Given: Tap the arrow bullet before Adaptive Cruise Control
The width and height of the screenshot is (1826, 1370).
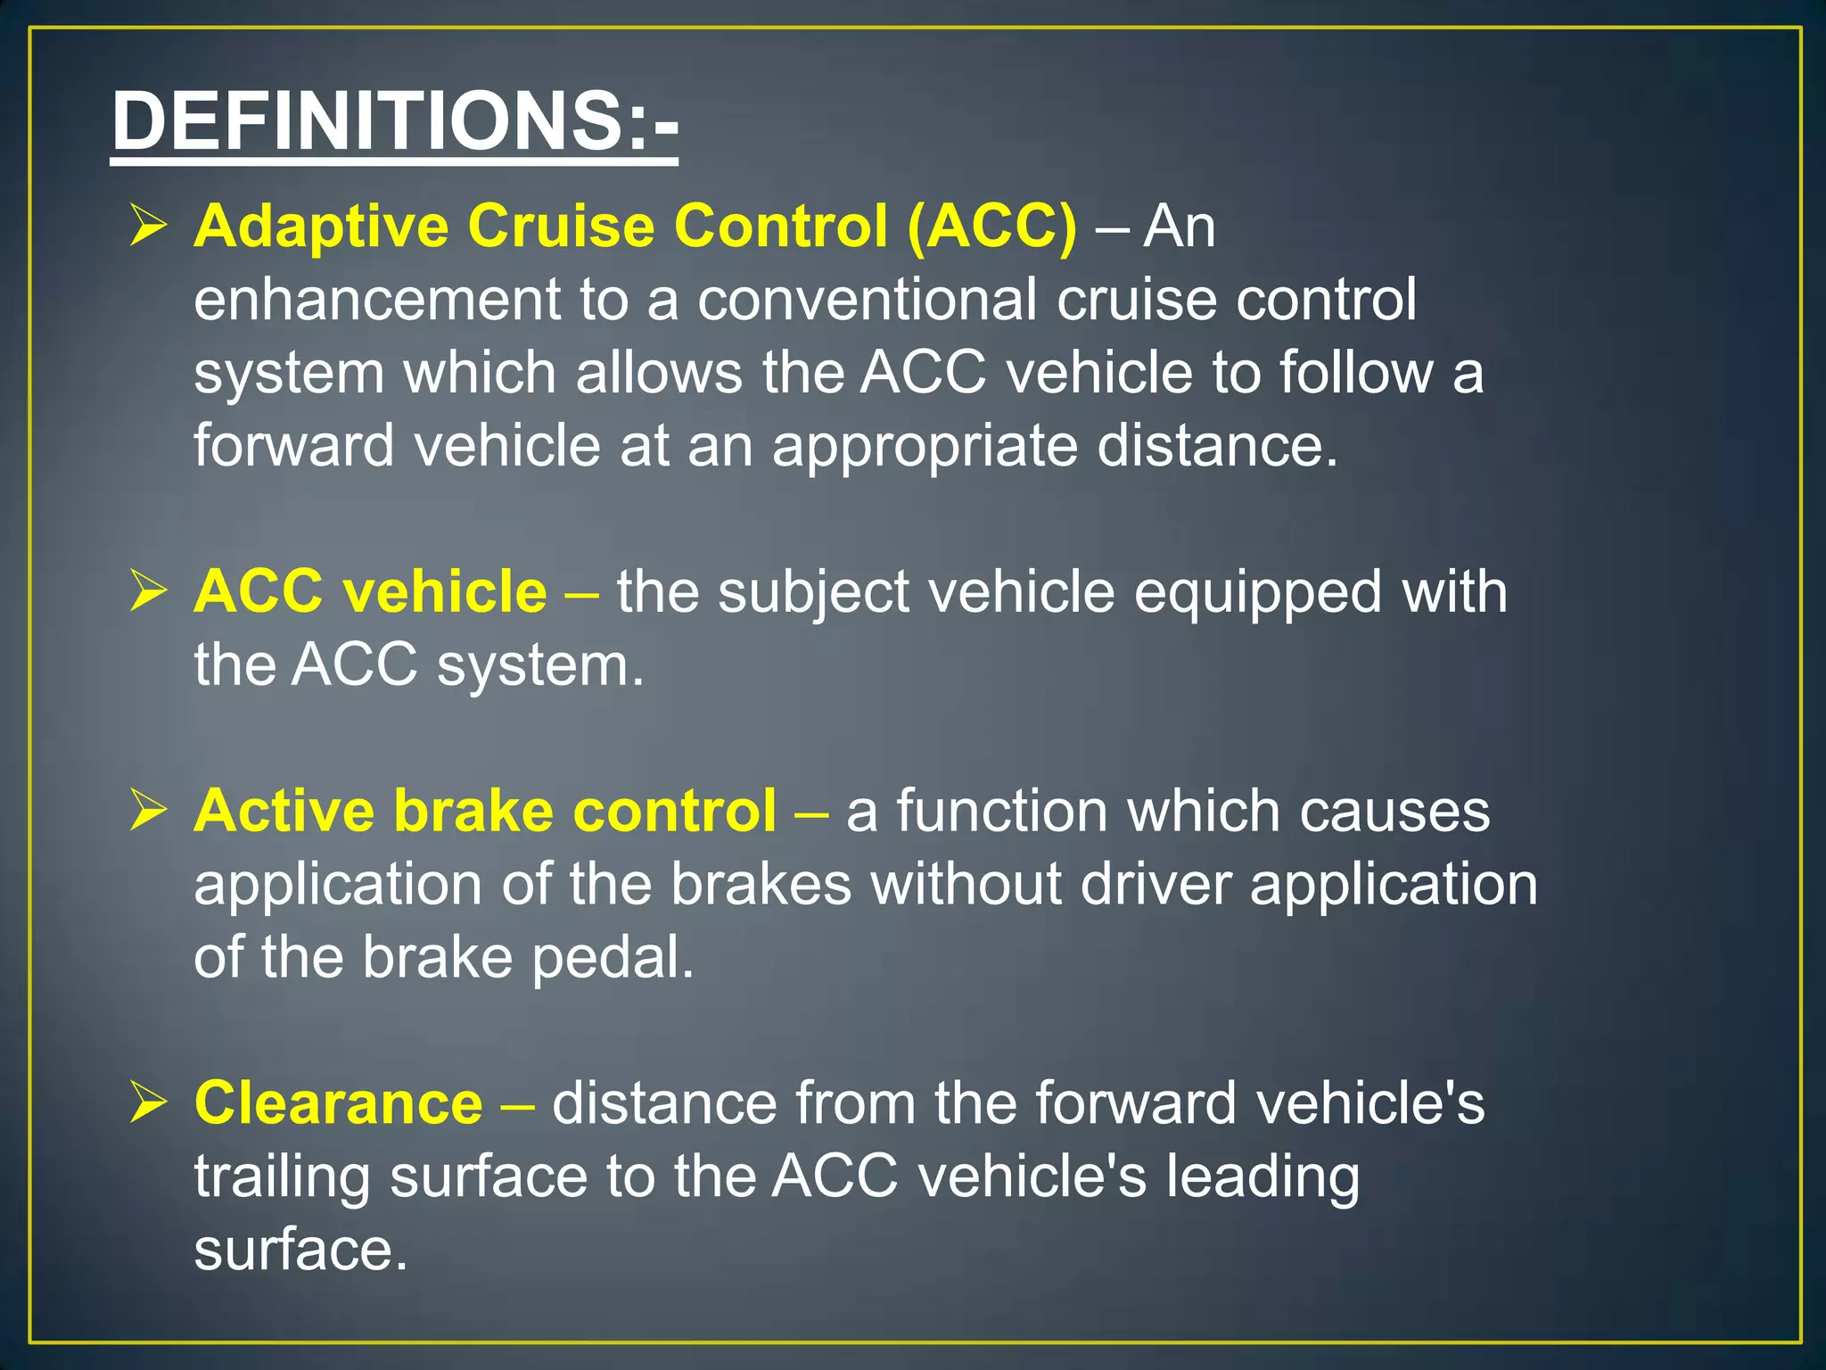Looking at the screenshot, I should (x=148, y=225).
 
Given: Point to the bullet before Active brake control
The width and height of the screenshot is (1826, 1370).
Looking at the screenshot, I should (x=148, y=810).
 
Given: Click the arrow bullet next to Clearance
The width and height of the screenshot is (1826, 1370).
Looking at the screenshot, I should (x=148, y=1102).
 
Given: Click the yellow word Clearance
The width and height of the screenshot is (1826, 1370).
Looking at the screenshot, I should (x=339, y=1103).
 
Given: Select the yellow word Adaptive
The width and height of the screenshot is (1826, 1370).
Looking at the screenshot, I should (x=321, y=227).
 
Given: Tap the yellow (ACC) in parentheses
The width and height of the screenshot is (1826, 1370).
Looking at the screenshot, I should (x=991, y=227).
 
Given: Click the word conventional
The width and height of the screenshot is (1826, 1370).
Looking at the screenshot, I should (x=867, y=300).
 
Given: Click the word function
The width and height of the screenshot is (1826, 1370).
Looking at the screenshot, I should (x=1001, y=812).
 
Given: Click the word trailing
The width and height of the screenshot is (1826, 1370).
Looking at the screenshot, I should (x=283, y=1177).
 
